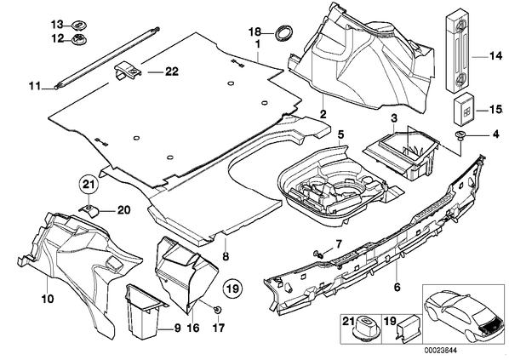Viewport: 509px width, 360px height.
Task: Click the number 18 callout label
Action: [x=254, y=31]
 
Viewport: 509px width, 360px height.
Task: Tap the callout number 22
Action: [x=172, y=71]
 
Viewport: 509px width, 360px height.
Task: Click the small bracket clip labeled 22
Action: [x=128, y=71]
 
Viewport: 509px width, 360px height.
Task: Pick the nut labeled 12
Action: [x=78, y=39]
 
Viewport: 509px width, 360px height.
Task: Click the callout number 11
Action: [x=35, y=86]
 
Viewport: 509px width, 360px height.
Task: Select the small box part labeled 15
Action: [x=464, y=110]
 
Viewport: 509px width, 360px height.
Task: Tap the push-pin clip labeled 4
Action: [x=460, y=134]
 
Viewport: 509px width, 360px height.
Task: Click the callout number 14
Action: [x=495, y=56]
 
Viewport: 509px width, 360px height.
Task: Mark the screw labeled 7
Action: [x=318, y=254]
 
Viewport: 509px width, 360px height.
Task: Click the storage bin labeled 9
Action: [x=143, y=311]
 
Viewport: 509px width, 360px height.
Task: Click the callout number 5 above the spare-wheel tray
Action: [x=340, y=134]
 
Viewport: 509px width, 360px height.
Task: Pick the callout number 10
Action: [x=48, y=299]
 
